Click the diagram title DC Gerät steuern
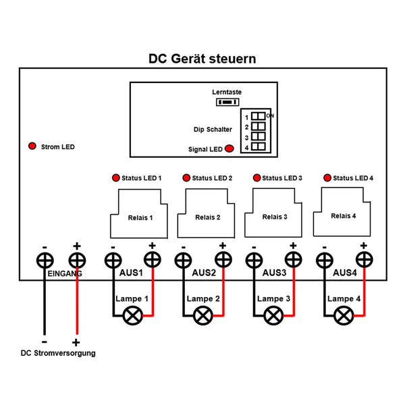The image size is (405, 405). pyautogui.click(x=202, y=59)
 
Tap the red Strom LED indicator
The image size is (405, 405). pyautogui.click(x=31, y=146)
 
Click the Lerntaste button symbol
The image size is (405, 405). pyautogui.click(x=227, y=102)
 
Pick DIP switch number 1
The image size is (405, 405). pyautogui.click(x=259, y=117)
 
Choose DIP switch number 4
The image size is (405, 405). pyautogui.click(x=259, y=146)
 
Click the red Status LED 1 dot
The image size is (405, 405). pyautogui.click(x=115, y=178)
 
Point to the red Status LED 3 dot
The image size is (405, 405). pyautogui.click(x=256, y=178)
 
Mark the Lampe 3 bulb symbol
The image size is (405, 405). pyautogui.click(x=273, y=315)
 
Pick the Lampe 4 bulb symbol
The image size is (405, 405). pyautogui.click(x=344, y=314)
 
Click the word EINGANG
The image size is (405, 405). pyautogui.click(x=65, y=274)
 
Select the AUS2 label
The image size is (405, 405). pyautogui.click(x=204, y=274)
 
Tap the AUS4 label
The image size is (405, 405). pyautogui.click(x=346, y=274)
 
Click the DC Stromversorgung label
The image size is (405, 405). pyautogui.click(x=58, y=353)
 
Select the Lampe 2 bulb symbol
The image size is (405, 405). pyautogui.click(x=202, y=315)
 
